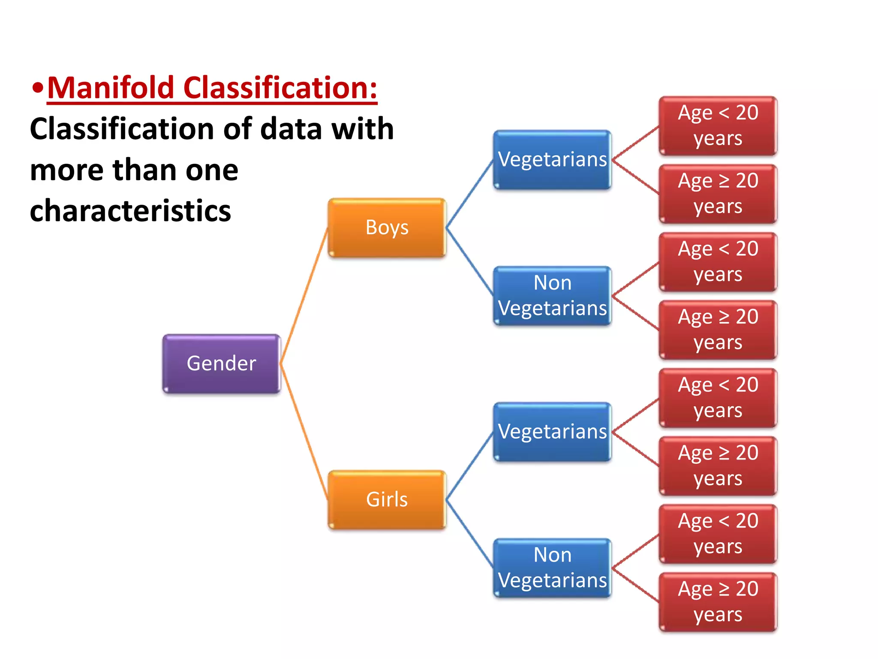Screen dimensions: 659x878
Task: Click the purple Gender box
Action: click(221, 363)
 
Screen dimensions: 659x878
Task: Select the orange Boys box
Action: click(387, 227)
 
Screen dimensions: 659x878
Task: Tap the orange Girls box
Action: click(387, 499)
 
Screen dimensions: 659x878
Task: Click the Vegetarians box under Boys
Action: click(552, 160)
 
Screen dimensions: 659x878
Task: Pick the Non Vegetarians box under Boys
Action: click(552, 296)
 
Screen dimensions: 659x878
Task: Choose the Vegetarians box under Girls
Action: click(552, 432)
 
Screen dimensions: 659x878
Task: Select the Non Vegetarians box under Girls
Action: click(552, 568)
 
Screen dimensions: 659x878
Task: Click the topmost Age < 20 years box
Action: click(718, 126)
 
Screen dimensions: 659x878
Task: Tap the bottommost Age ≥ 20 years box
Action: click(718, 602)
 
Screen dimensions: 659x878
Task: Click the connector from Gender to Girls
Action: click(304, 432)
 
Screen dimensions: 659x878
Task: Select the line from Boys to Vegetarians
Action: click(470, 194)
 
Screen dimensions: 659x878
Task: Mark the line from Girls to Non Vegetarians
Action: click(470, 533)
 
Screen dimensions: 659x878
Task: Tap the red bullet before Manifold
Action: click(38, 88)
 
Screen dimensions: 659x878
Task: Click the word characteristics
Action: click(130, 211)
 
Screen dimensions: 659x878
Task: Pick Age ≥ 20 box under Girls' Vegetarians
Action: click(718, 466)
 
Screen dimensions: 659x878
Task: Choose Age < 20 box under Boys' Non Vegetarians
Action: click(718, 262)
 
